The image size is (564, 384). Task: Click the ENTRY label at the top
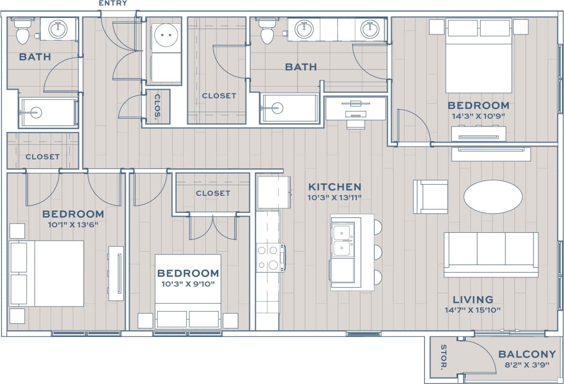tap(113, 3)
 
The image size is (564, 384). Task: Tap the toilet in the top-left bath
tap(23, 32)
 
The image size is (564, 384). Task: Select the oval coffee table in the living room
tap(493, 196)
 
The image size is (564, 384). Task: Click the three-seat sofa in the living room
tap(491, 253)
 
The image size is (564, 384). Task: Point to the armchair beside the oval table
tap(431, 196)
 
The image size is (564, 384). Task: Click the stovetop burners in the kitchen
tap(269, 257)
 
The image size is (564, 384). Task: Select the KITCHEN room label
tap(335, 187)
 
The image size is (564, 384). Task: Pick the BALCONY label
tap(527, 354)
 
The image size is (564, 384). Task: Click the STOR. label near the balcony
tap(443, 357)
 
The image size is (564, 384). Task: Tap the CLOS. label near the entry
tap(158, 107)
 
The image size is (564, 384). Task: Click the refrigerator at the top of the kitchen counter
tap(273, 192)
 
